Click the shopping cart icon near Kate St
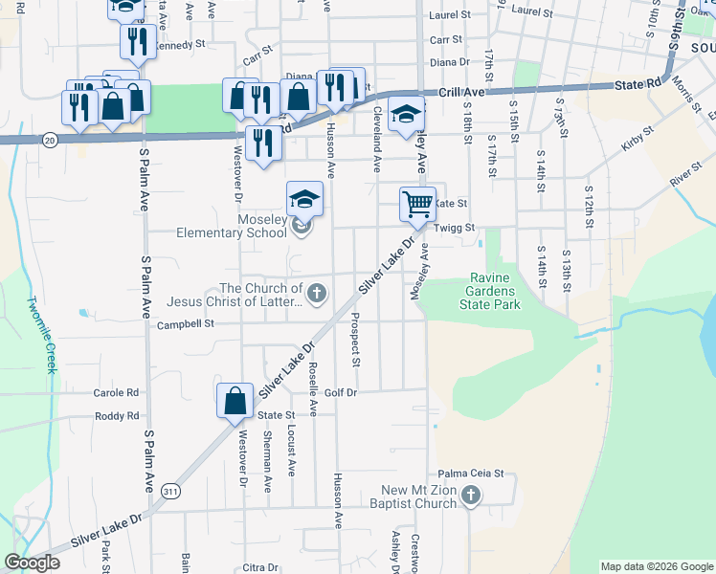point(417,203)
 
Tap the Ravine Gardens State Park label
point(493,291)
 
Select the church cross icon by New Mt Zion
point(469,496)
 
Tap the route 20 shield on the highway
point(50,140)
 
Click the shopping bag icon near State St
point(235,402)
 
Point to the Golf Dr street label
point(340,392)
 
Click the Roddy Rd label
point(117,416)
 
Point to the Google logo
point(32,563)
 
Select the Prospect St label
point(354,341)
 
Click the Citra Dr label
point(258,567)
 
